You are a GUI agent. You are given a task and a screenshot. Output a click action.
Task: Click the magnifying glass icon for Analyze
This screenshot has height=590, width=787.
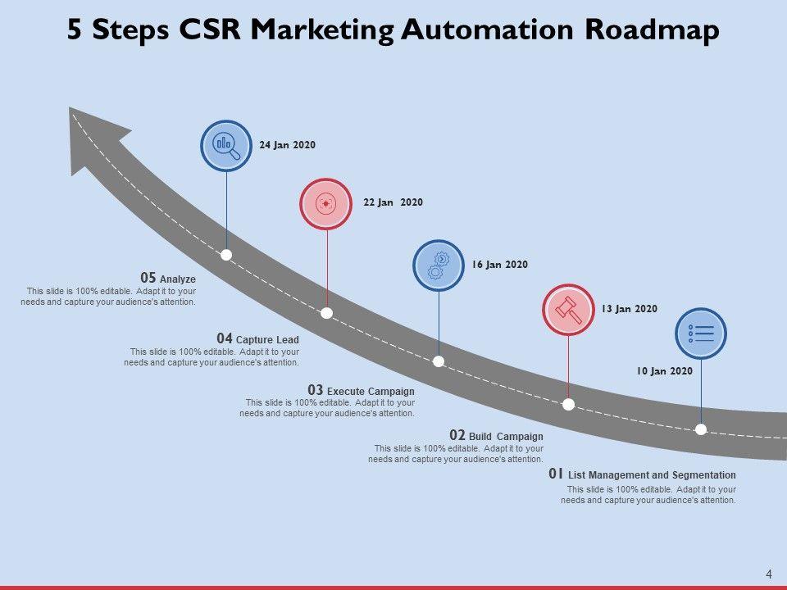tap(226, 146)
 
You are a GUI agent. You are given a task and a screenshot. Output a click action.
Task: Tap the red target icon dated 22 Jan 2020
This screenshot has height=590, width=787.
tap(326, 202)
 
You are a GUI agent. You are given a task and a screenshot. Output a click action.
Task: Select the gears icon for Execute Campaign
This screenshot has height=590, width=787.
tap(439, 265)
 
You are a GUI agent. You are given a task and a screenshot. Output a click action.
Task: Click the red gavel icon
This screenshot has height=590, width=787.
tap(568, 310)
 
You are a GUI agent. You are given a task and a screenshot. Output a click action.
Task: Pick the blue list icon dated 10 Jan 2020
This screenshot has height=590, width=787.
tap(700, 334)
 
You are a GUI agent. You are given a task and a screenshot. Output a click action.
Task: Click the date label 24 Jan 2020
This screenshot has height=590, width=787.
tap(287, 145)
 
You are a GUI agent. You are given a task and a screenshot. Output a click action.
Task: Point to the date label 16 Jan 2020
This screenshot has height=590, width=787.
tap(499, 265)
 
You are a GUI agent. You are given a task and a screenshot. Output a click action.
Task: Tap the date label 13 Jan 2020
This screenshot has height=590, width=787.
tap(629, 309)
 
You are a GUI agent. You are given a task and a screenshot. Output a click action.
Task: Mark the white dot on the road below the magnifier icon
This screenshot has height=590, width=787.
tap(226, 255)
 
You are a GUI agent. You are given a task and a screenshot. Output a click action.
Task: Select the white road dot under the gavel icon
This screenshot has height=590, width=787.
tap(568, 404)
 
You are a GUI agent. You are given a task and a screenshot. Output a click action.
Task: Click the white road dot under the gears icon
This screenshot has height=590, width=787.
tap(439, 361)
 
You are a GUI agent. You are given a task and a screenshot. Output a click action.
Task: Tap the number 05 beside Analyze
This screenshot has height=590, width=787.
tap(148, 279)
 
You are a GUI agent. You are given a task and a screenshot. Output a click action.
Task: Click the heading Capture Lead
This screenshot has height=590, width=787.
tap(267, 339)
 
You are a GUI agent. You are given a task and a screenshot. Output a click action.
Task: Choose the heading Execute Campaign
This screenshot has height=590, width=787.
tap(371, 391)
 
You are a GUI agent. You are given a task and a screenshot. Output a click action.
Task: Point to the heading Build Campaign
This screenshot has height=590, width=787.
tap(506, 436)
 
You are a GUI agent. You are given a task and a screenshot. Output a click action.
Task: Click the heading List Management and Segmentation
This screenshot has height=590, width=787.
tap(652, 475)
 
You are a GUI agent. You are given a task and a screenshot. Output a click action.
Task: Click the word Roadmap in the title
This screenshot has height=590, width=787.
tap(653, 29)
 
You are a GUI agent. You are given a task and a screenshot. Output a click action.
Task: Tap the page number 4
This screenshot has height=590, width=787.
tap(768, 574)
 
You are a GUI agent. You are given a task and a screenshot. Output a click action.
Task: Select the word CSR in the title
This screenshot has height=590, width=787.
tap(209, 29)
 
